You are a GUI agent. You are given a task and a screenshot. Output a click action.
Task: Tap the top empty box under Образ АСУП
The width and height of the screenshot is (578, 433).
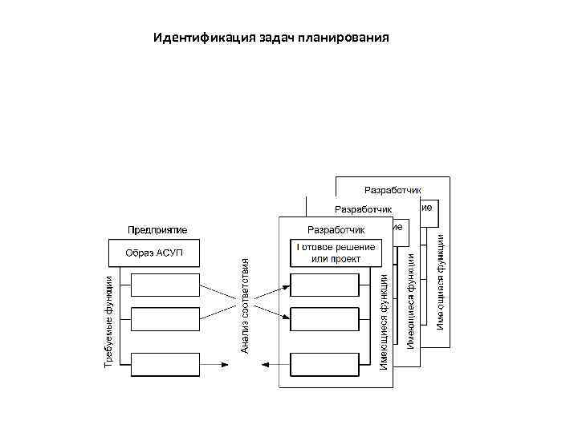tap(165, 285)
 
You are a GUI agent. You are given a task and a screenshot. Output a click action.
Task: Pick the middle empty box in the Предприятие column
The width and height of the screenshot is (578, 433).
tap(165, 318)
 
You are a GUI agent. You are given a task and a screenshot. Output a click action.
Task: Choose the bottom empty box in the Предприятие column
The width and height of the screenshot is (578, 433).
tap(165, 364)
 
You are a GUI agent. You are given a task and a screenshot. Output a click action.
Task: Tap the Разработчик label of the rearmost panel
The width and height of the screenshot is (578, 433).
tap(387, 190)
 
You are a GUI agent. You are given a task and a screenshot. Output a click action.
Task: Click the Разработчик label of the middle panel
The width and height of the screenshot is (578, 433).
tap(363, 210)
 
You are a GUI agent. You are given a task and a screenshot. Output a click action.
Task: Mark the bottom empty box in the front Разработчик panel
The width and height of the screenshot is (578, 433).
tap(324, 364)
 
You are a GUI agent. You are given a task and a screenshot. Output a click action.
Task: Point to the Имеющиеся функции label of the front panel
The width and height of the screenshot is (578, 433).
tap(385, 321)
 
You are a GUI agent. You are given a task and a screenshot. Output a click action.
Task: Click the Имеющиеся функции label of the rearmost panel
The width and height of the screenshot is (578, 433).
tap(441, 280)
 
